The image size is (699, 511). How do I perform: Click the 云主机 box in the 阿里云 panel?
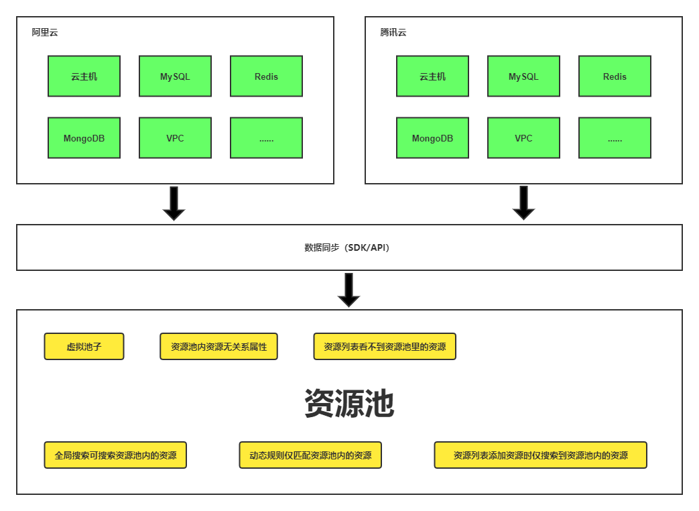point(84,76)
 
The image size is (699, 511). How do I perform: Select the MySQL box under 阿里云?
point(175,76)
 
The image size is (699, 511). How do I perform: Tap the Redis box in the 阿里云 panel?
point(266,76)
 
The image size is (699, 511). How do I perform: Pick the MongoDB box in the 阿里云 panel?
point(84,138)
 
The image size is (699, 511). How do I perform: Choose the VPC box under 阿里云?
point(175,138)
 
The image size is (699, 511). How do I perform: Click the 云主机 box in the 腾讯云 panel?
point(432,76)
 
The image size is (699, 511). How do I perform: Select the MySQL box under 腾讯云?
point(523,76)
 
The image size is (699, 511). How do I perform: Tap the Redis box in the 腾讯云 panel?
point(615,76)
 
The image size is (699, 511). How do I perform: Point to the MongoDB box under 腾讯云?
point(432,138)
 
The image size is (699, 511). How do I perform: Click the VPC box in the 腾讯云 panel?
point(523,138)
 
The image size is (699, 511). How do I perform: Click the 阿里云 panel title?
point(45,32)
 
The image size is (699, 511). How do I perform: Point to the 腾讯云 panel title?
point(393,32)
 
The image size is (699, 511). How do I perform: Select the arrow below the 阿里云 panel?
point(174,203)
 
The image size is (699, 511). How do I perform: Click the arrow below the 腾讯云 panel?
point(523,203)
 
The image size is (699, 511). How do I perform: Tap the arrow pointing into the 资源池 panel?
point(348,290)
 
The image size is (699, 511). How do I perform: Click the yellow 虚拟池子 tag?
point(84,347)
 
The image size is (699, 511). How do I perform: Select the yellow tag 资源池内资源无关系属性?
point(218,347)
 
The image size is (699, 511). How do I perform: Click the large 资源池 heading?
point(349,404)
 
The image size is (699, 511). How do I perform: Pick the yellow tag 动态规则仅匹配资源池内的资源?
point(310,455)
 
